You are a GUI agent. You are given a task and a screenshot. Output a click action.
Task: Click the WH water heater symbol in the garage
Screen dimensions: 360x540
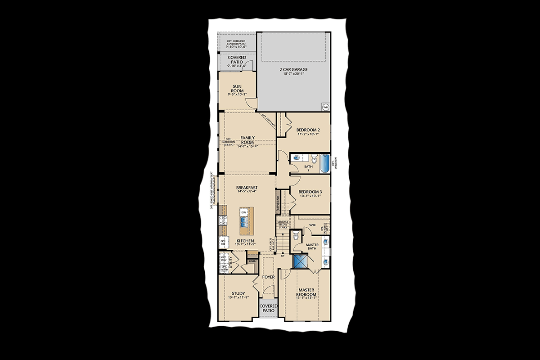tap(325, 107)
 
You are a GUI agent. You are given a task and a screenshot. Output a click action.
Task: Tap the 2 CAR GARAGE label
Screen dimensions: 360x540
tap(293, 70)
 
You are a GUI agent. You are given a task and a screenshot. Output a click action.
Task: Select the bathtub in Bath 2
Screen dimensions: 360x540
tap(324, 164)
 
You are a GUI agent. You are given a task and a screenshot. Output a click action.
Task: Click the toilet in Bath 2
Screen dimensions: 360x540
tap(314, 158)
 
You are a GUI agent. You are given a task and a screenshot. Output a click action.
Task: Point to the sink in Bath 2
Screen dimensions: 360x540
tap(297, 158)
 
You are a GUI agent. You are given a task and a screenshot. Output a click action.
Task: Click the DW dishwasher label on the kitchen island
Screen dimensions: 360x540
tap(243, 212)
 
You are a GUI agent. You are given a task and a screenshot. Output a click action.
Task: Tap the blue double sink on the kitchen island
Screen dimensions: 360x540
tap(243, 221)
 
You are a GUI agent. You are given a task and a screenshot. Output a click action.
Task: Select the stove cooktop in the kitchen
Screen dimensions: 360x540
tap(222, 220)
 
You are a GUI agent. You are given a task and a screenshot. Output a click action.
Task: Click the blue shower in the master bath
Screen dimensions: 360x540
tap(300, 261)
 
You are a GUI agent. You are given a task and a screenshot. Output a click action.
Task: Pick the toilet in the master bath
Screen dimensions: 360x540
tap(296, 235)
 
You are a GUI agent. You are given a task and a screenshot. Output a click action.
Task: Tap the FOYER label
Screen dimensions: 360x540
tap(269, 277)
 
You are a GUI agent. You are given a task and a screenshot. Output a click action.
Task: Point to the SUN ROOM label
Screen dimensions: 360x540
tap(237, 88)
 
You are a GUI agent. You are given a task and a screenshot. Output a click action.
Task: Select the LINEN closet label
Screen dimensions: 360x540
tap(252, 261)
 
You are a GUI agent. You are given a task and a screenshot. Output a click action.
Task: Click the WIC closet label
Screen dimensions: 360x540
tap(313, 225)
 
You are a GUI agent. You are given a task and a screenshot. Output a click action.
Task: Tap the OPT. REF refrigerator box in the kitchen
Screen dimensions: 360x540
tap(223, 243)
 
